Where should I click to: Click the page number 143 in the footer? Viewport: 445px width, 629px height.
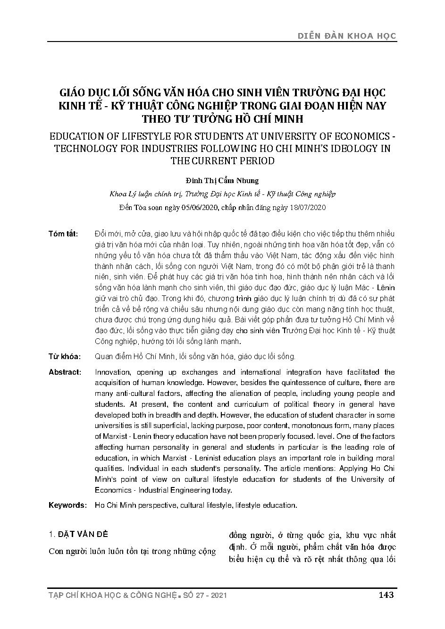tap(386, 595)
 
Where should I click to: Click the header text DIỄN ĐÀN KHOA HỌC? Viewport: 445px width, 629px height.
tap(347, 35)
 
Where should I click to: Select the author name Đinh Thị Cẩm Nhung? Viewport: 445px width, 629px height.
tap(222, 181)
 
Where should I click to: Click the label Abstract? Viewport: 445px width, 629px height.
tap(65, 372)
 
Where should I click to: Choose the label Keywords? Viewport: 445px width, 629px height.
tap(67, 505)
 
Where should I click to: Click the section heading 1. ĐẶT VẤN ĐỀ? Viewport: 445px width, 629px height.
tap(78, 535)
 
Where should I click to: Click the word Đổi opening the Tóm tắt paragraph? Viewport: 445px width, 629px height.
tap(101, 235)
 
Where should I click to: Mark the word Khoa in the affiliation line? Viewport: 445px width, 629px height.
tap(117, 194)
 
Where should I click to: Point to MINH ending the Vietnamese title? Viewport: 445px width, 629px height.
tap(287, 118)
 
